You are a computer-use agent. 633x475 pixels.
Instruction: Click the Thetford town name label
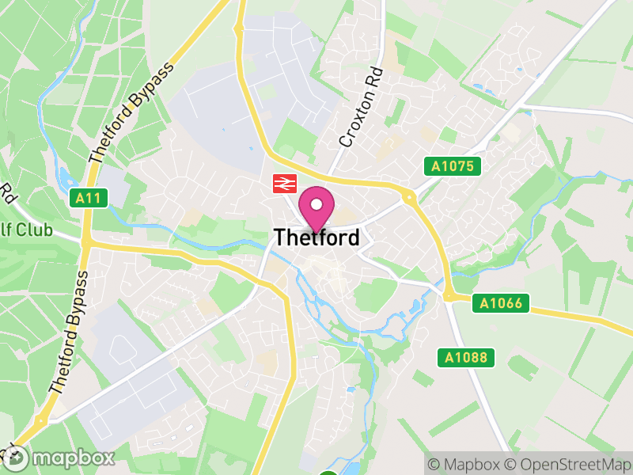tap(316, 237)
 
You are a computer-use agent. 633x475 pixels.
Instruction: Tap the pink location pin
tap(316, 208)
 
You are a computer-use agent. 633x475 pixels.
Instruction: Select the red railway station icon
tap(282, 184)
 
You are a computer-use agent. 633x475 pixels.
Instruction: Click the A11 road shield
tap(88, 198)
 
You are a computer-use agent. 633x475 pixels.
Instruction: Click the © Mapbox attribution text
tap(465, 464)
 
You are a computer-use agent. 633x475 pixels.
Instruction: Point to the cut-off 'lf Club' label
tap(25, 230)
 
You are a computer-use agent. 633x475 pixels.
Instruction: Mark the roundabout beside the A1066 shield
tap(449, 296)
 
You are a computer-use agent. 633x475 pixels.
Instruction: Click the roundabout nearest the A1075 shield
tap(409, 196)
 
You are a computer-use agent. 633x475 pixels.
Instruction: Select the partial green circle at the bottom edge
tap(328, 473)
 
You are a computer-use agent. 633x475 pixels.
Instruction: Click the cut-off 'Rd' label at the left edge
tap(8, 192)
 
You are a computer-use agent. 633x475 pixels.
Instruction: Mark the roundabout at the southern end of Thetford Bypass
tap(40, 420)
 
